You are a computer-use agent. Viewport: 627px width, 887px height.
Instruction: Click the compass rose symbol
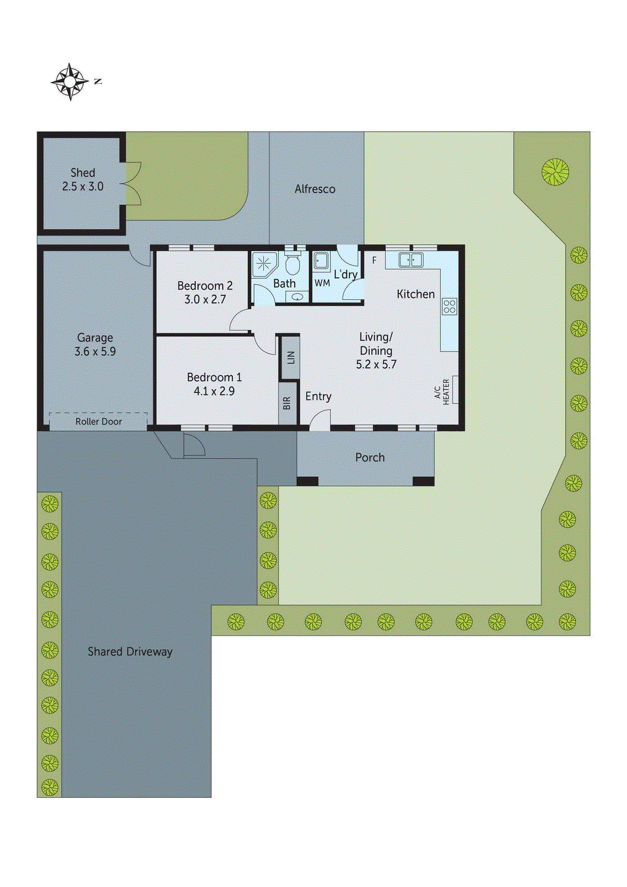(x=70, y=81)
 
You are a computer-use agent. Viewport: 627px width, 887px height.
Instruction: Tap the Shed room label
(x=83, y=173)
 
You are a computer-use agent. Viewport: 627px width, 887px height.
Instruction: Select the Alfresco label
(x=315, y=189)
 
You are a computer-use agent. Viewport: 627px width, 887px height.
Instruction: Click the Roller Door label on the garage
(x=99, y=422)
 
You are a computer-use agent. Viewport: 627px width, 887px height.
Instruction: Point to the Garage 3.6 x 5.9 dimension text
(x=95, y=351)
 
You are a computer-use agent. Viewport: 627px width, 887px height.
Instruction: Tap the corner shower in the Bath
(x=264, y=264)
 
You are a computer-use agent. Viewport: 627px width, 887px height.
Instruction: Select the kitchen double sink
(x=410, y=259)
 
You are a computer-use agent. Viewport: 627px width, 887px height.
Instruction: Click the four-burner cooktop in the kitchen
(x=449, y=307)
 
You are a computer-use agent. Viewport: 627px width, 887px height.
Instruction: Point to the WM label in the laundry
(x=322, y=283)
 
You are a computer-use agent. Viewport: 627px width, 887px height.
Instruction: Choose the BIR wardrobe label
(x=287, y=403)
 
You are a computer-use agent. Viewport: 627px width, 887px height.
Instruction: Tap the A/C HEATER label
(x=442, y=392)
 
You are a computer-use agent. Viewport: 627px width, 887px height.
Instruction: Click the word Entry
(x=318, y=396)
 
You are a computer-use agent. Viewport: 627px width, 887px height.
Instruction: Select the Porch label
(x=370, y=457)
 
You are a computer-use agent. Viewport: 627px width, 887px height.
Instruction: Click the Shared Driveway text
(x=130, y=652)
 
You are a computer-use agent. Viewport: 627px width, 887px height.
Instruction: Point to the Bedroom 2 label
(x=205, y=286)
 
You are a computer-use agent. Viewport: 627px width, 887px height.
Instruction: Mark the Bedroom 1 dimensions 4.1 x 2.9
(x=214, y=391)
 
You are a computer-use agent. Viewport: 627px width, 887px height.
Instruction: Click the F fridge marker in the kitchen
(x=374, y=260)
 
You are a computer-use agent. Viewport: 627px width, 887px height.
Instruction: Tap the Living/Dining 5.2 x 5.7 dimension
(x=376, y=365)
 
